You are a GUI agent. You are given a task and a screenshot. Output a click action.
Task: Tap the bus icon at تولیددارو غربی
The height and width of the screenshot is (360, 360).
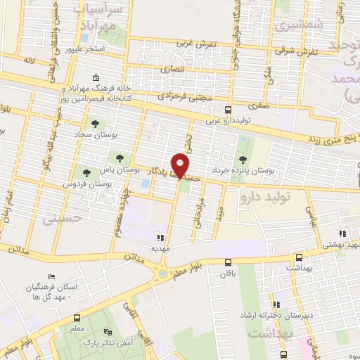228,110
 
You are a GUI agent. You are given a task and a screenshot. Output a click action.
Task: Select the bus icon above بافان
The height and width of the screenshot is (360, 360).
228,257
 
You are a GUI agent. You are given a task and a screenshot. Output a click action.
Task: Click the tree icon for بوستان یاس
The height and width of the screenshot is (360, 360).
112,155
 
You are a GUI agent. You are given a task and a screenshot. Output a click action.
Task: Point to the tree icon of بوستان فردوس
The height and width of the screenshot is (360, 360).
86,172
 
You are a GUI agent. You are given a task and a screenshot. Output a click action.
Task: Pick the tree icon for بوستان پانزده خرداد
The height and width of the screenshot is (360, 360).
243,160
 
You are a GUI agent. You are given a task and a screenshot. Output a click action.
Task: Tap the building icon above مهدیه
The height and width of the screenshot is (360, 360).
160,238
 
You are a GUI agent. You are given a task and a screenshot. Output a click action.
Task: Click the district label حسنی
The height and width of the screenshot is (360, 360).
62,219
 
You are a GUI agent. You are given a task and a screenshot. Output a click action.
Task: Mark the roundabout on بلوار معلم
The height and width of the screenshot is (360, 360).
163,274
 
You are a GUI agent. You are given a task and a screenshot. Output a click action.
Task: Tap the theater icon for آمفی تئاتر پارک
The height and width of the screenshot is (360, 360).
108,332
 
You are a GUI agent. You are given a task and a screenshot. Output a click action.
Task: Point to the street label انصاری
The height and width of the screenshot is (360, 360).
171,70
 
